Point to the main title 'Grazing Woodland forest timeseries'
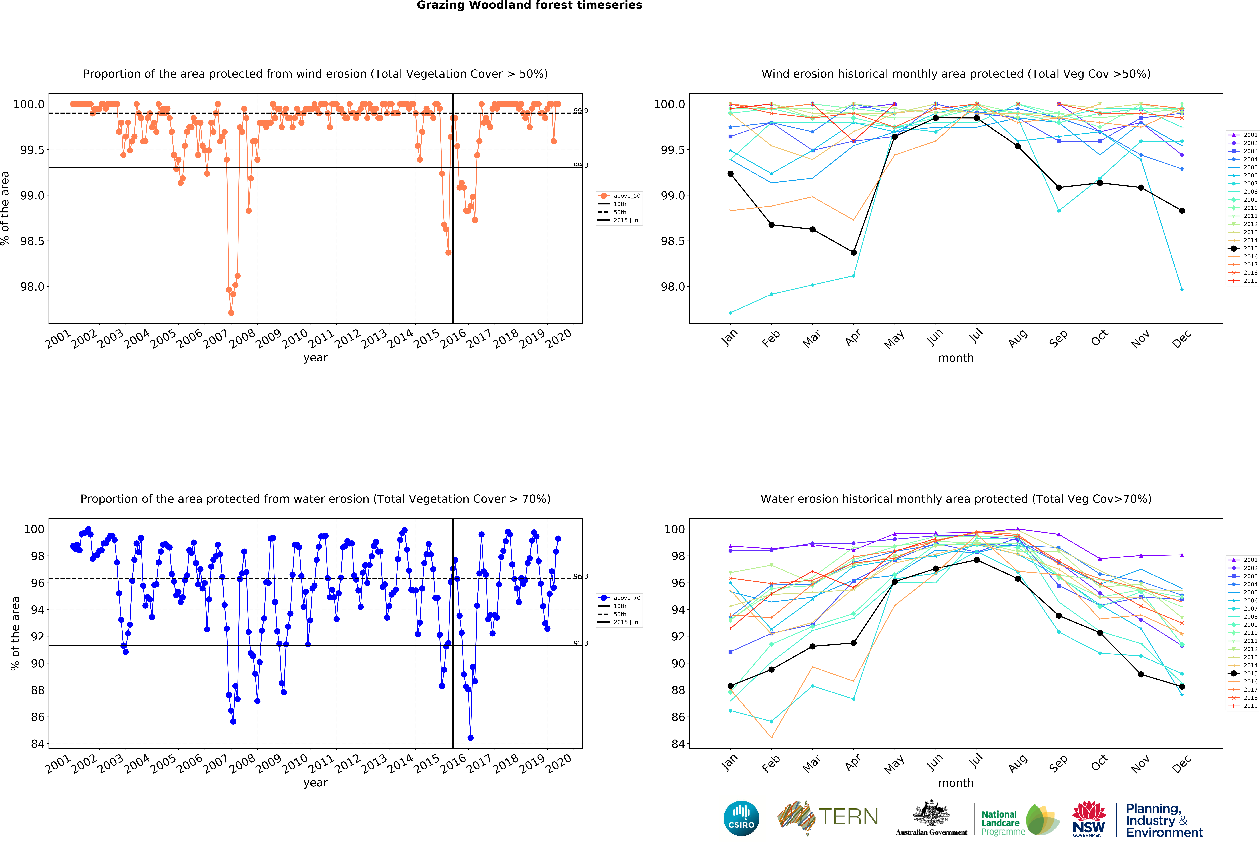pos(529,5)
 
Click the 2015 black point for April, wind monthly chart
pos(853,253)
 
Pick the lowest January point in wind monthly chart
pos(730,313)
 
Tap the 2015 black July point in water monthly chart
pos(976,560)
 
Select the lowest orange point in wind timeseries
pos(231,313)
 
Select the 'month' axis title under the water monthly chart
pos(956,783)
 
